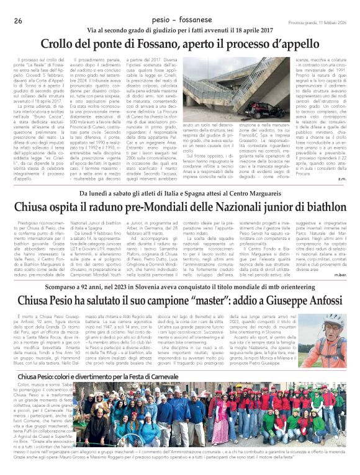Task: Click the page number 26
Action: pyautogui.click(x=18, y=21)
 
